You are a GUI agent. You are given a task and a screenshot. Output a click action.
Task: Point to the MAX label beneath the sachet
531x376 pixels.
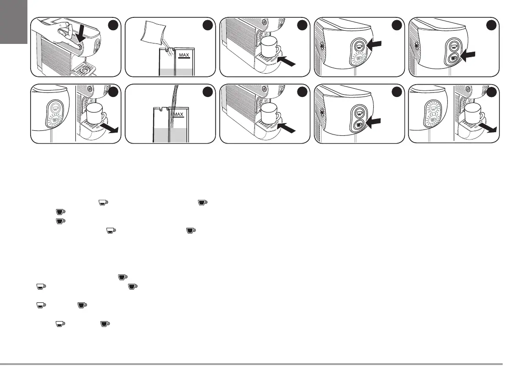184,55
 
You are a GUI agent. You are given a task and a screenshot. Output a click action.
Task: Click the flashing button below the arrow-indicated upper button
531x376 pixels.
357,59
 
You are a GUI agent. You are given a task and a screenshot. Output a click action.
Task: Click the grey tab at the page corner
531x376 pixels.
14,21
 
